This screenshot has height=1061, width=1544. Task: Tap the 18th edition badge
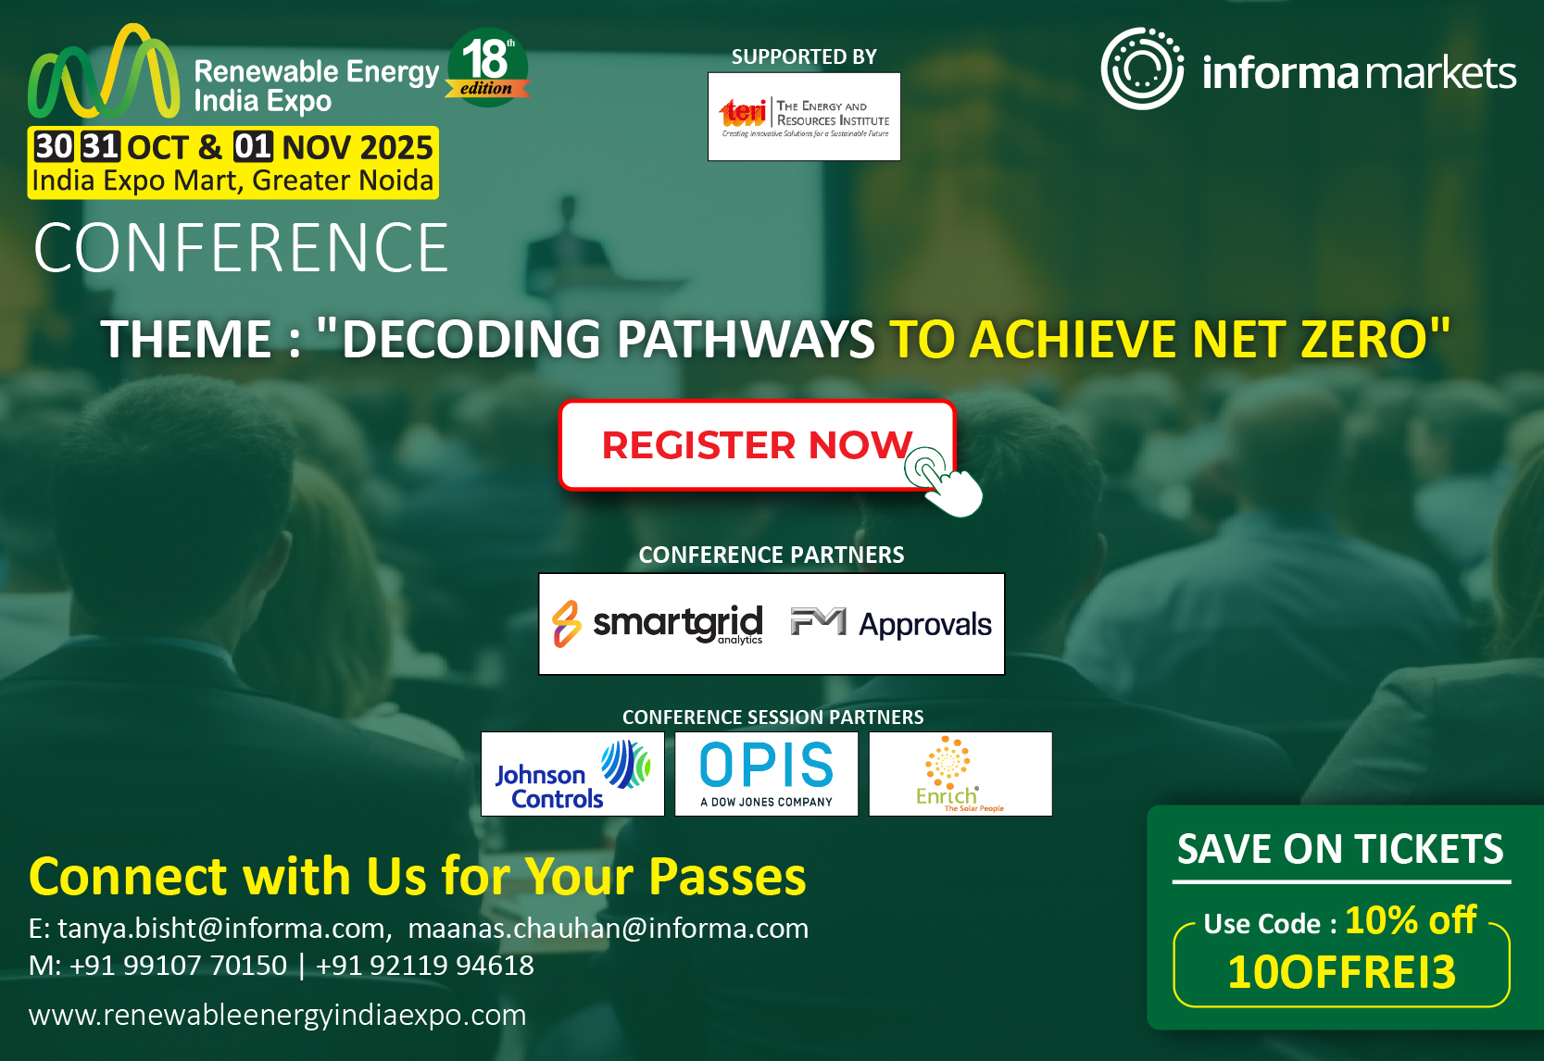[487, 67]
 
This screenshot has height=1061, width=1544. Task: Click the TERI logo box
[804, 117]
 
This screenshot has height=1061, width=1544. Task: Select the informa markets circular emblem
[1141, 69]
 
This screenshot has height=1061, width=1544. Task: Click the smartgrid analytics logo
[659, 624]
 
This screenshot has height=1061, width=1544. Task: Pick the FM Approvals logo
[891, 624]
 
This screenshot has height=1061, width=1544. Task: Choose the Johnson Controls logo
[572, 775]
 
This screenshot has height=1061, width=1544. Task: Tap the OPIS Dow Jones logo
[766, 775]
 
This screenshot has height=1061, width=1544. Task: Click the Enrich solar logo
[960, 775]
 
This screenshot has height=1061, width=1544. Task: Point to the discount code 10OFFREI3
[1341, 972]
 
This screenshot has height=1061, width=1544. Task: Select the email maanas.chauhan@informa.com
[609, 928]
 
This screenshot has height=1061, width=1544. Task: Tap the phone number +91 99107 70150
[178, 966]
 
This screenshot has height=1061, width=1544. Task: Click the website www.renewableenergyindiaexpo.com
[278, 1015]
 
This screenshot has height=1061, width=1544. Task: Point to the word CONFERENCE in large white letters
[241, 248]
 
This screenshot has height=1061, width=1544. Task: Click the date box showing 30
[53, 146]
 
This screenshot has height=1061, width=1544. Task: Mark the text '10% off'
[1411, 920]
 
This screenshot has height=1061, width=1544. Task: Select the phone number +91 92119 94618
[425, 966]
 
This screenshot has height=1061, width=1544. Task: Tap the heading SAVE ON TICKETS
[1340, 849]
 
